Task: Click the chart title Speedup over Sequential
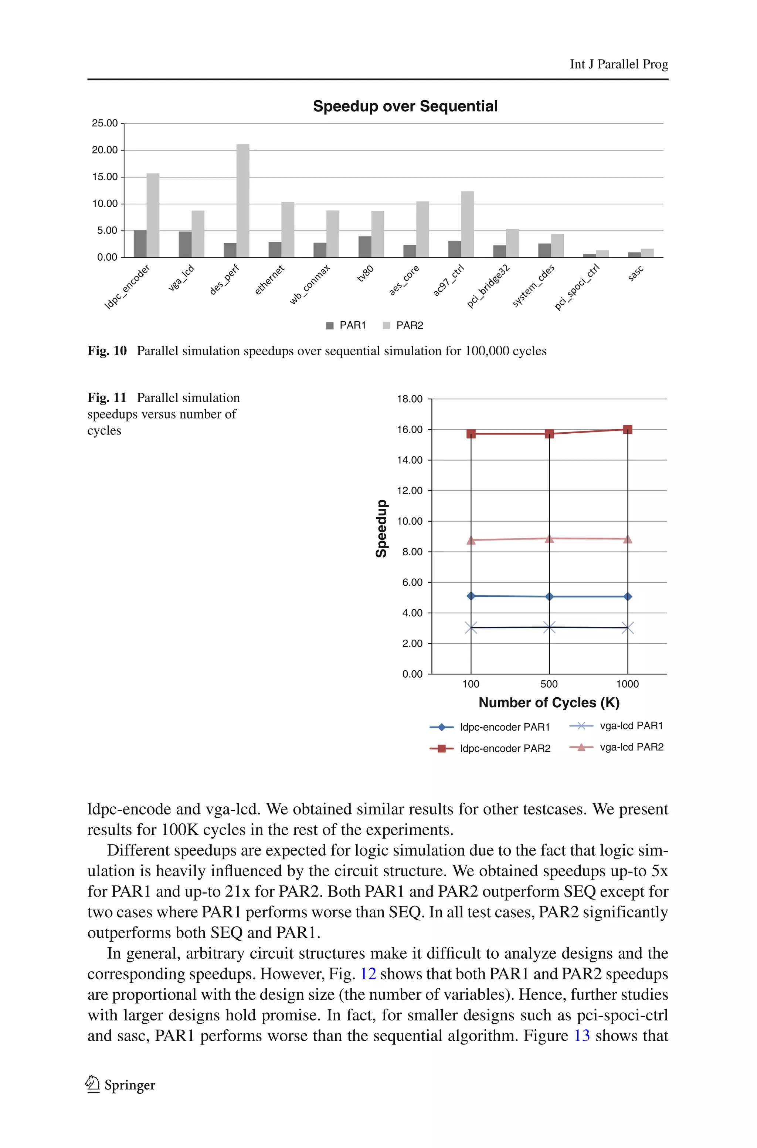(405, 106)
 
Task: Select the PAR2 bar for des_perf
(243, 200)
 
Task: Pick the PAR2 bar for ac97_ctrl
(467, 224)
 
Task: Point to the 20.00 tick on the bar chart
(105, 150)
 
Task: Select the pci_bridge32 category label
(488, 286)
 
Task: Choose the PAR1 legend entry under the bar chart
(346, 325)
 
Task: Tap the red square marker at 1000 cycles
(628, 429)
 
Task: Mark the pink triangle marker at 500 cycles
(549, 538)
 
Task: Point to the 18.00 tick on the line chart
(410, 399)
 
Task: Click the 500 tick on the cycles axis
(549, 684)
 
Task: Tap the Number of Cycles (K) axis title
(549, 702)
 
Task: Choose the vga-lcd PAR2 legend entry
(617, 747)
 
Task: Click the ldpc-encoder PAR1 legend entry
(490, 727)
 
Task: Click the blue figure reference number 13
(582, 1036)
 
